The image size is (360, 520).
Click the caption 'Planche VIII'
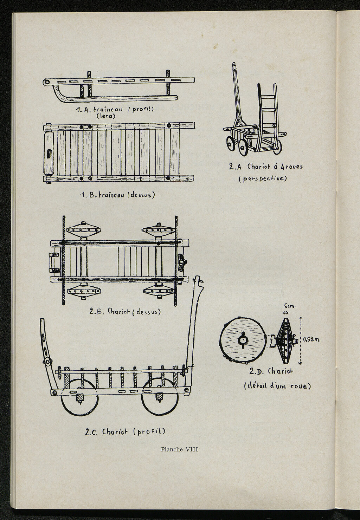[180, 449]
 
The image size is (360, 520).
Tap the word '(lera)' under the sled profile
[106, 116]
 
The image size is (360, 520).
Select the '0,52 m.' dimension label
[312, 339]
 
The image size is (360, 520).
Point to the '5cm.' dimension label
[290, 306]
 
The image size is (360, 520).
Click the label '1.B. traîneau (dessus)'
[117, 195]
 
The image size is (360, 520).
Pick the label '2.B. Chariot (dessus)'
[125, 311]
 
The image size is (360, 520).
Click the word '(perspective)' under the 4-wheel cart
[263, 178]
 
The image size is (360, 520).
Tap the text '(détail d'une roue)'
[277, 386]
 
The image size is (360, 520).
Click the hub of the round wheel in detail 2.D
[243, 340]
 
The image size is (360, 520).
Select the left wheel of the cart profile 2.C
[79, 397]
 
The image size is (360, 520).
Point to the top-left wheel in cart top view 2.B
[84, 230]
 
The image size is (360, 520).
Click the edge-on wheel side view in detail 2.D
[285, 340]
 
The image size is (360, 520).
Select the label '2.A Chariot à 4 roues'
[265, 167]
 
